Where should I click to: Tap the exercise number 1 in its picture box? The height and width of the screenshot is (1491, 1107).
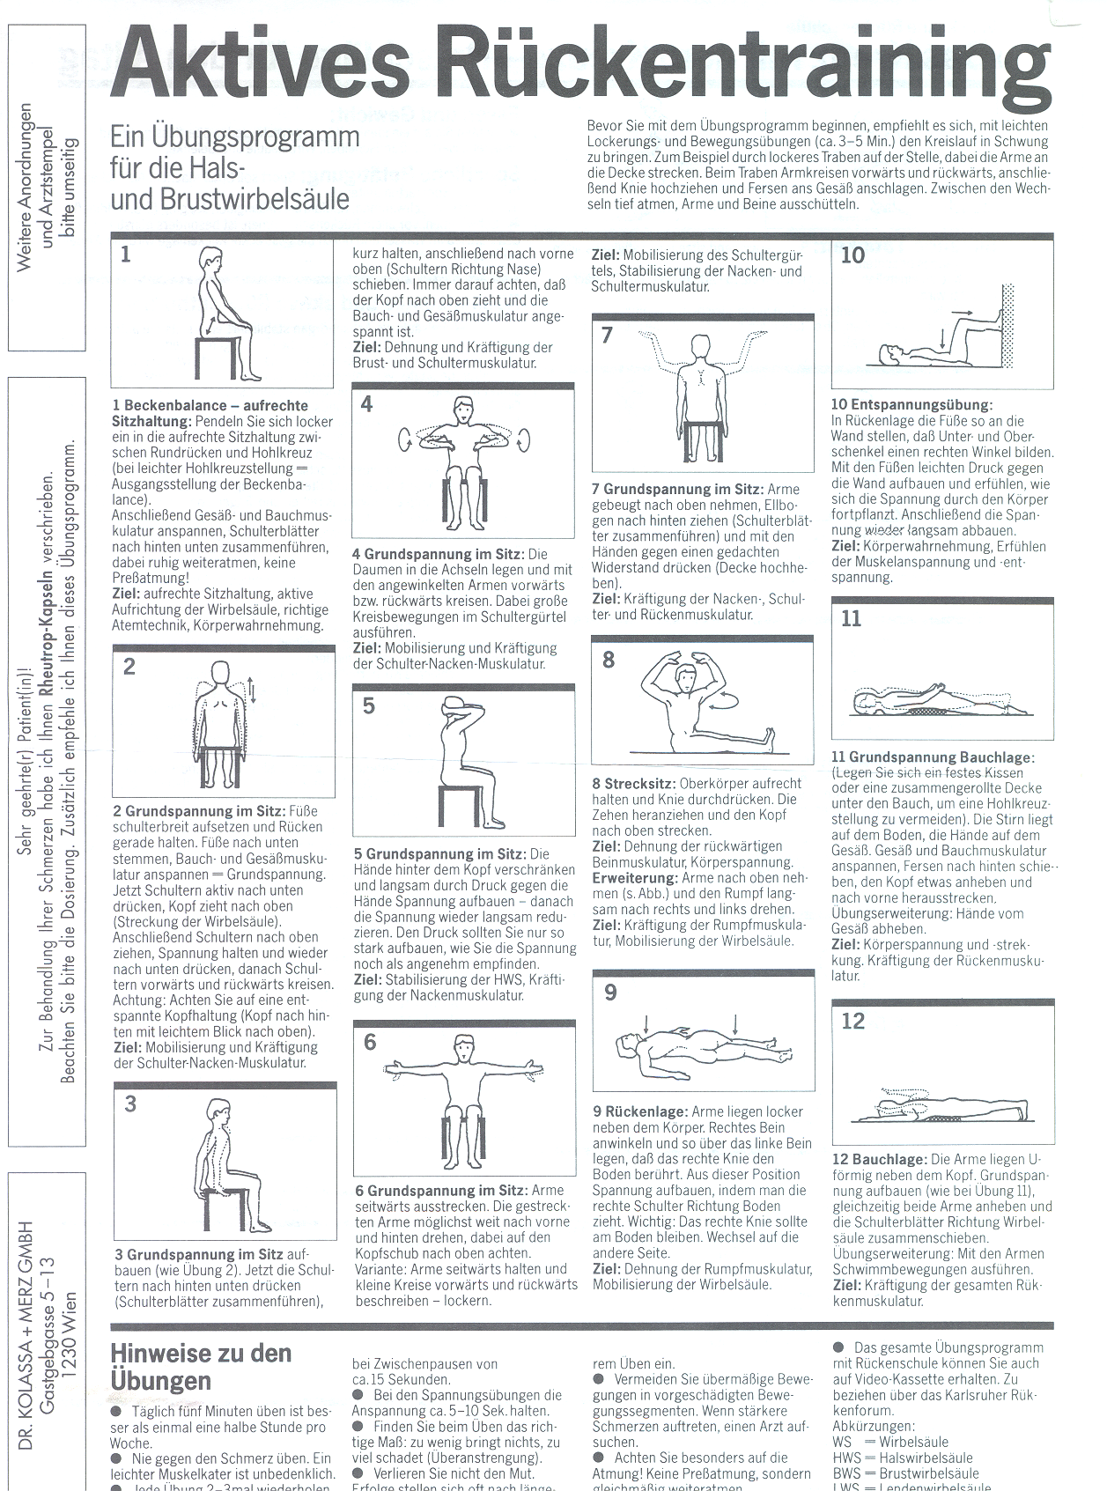click(x=126, y=255)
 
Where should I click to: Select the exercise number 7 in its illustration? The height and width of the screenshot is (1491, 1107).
click(x=607, y=336)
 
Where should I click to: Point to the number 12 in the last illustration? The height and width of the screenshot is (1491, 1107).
click(x=852, y=1021)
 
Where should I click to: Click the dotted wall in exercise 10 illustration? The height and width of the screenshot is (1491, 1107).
click(x=1008, y=326)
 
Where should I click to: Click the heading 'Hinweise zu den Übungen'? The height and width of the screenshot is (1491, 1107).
click(x=201, y=1366)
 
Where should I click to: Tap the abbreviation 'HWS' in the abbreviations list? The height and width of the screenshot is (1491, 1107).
click(x=847, y=1458)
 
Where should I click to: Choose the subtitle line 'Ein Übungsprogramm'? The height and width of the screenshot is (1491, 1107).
click(x=234, y=137)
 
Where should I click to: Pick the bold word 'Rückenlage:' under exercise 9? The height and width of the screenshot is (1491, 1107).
click(x=649, y=1112)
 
